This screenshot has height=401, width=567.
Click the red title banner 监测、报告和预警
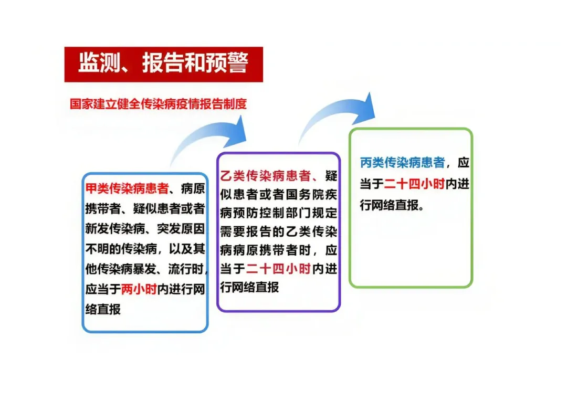(x=163, y=64)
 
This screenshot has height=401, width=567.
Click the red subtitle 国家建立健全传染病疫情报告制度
(x=158, y=103)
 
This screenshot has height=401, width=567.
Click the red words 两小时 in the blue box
(x=139, y=289)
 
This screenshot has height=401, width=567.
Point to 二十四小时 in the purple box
(x=279, y=269)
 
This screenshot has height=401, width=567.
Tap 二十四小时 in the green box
(x=415, y=184)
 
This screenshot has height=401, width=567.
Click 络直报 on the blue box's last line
(x=103, y=309)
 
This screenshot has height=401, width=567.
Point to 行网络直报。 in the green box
(x=391, y=205)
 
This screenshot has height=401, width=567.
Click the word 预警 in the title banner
(x=226, y=64)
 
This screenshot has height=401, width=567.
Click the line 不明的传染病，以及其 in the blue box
(x=144, y=249)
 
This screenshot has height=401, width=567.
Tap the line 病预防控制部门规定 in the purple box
(x=279, y=213)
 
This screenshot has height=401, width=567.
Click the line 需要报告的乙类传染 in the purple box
(x=279, y=231)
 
